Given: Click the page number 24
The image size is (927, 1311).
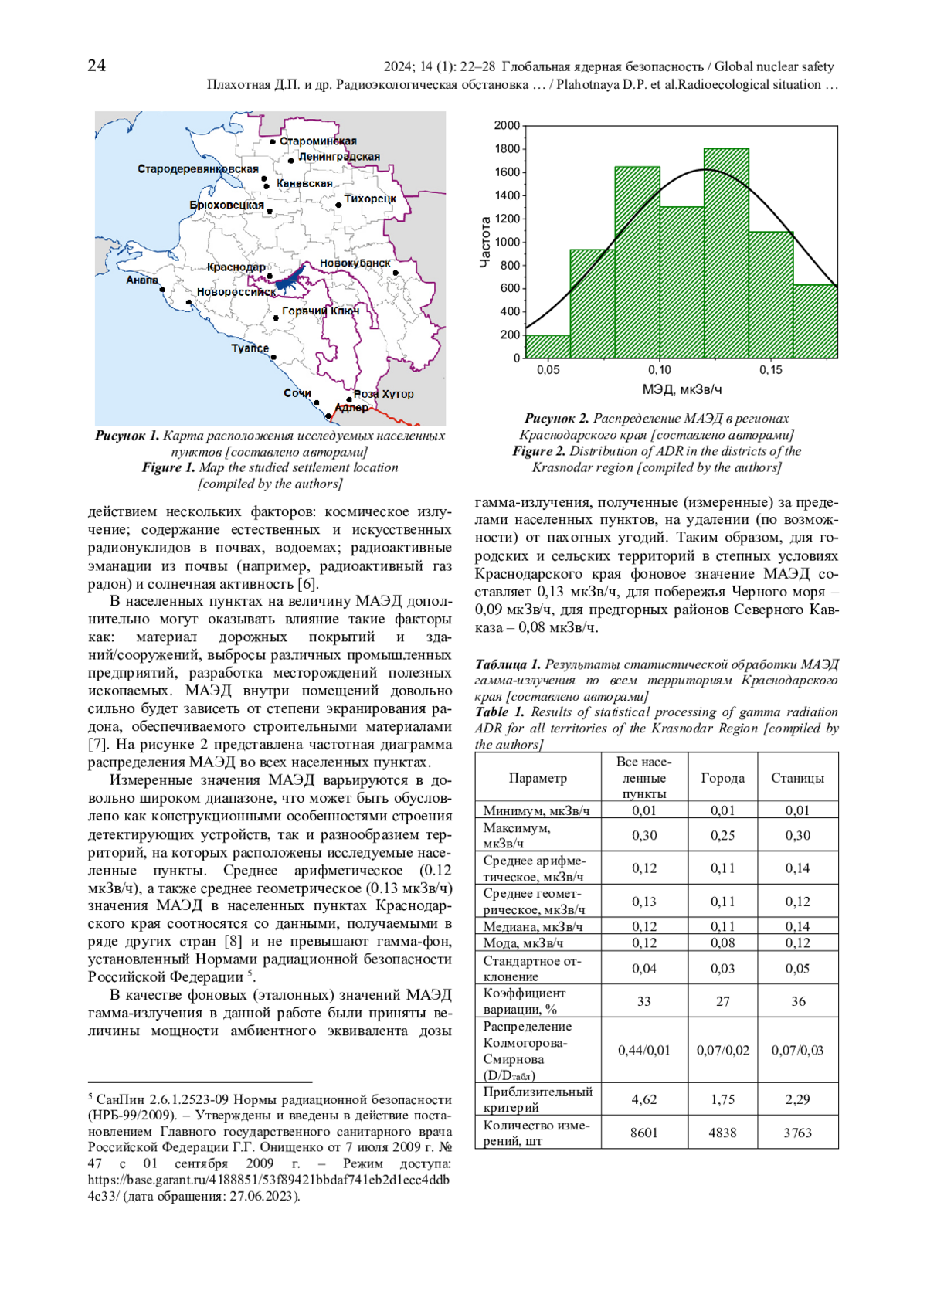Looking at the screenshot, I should click(97, 66).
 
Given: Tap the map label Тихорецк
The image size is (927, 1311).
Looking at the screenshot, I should click(370, 199).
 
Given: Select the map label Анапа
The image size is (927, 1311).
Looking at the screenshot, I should click(142, 280).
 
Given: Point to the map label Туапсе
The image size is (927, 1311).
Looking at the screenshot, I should click(250, 348).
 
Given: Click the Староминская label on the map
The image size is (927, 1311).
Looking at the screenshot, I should click(318, 141).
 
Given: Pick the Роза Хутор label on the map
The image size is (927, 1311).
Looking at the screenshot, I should click(384, 394).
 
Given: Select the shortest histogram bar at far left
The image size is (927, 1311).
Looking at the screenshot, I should click(548, 347).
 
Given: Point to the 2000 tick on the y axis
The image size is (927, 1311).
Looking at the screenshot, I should click(508, 126).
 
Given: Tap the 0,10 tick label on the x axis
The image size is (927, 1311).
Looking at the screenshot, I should click(660, 370).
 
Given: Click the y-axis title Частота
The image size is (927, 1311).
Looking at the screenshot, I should click(485, 242).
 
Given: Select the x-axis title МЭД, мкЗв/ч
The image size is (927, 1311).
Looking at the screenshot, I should click(682, 390).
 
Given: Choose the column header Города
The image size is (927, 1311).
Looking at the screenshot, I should click(722, 778).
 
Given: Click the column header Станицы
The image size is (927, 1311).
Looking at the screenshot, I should click(797, 778).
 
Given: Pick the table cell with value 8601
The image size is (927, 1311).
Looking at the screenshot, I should click(644, 1133).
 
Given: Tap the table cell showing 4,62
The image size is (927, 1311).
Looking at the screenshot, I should click(644, 1099).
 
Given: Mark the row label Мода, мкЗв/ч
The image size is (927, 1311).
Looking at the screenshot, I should click(523, 943).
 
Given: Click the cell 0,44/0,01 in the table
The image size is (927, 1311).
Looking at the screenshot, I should click(644, 1051).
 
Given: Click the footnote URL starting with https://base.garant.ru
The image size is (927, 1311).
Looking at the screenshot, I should click(268, 1180).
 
